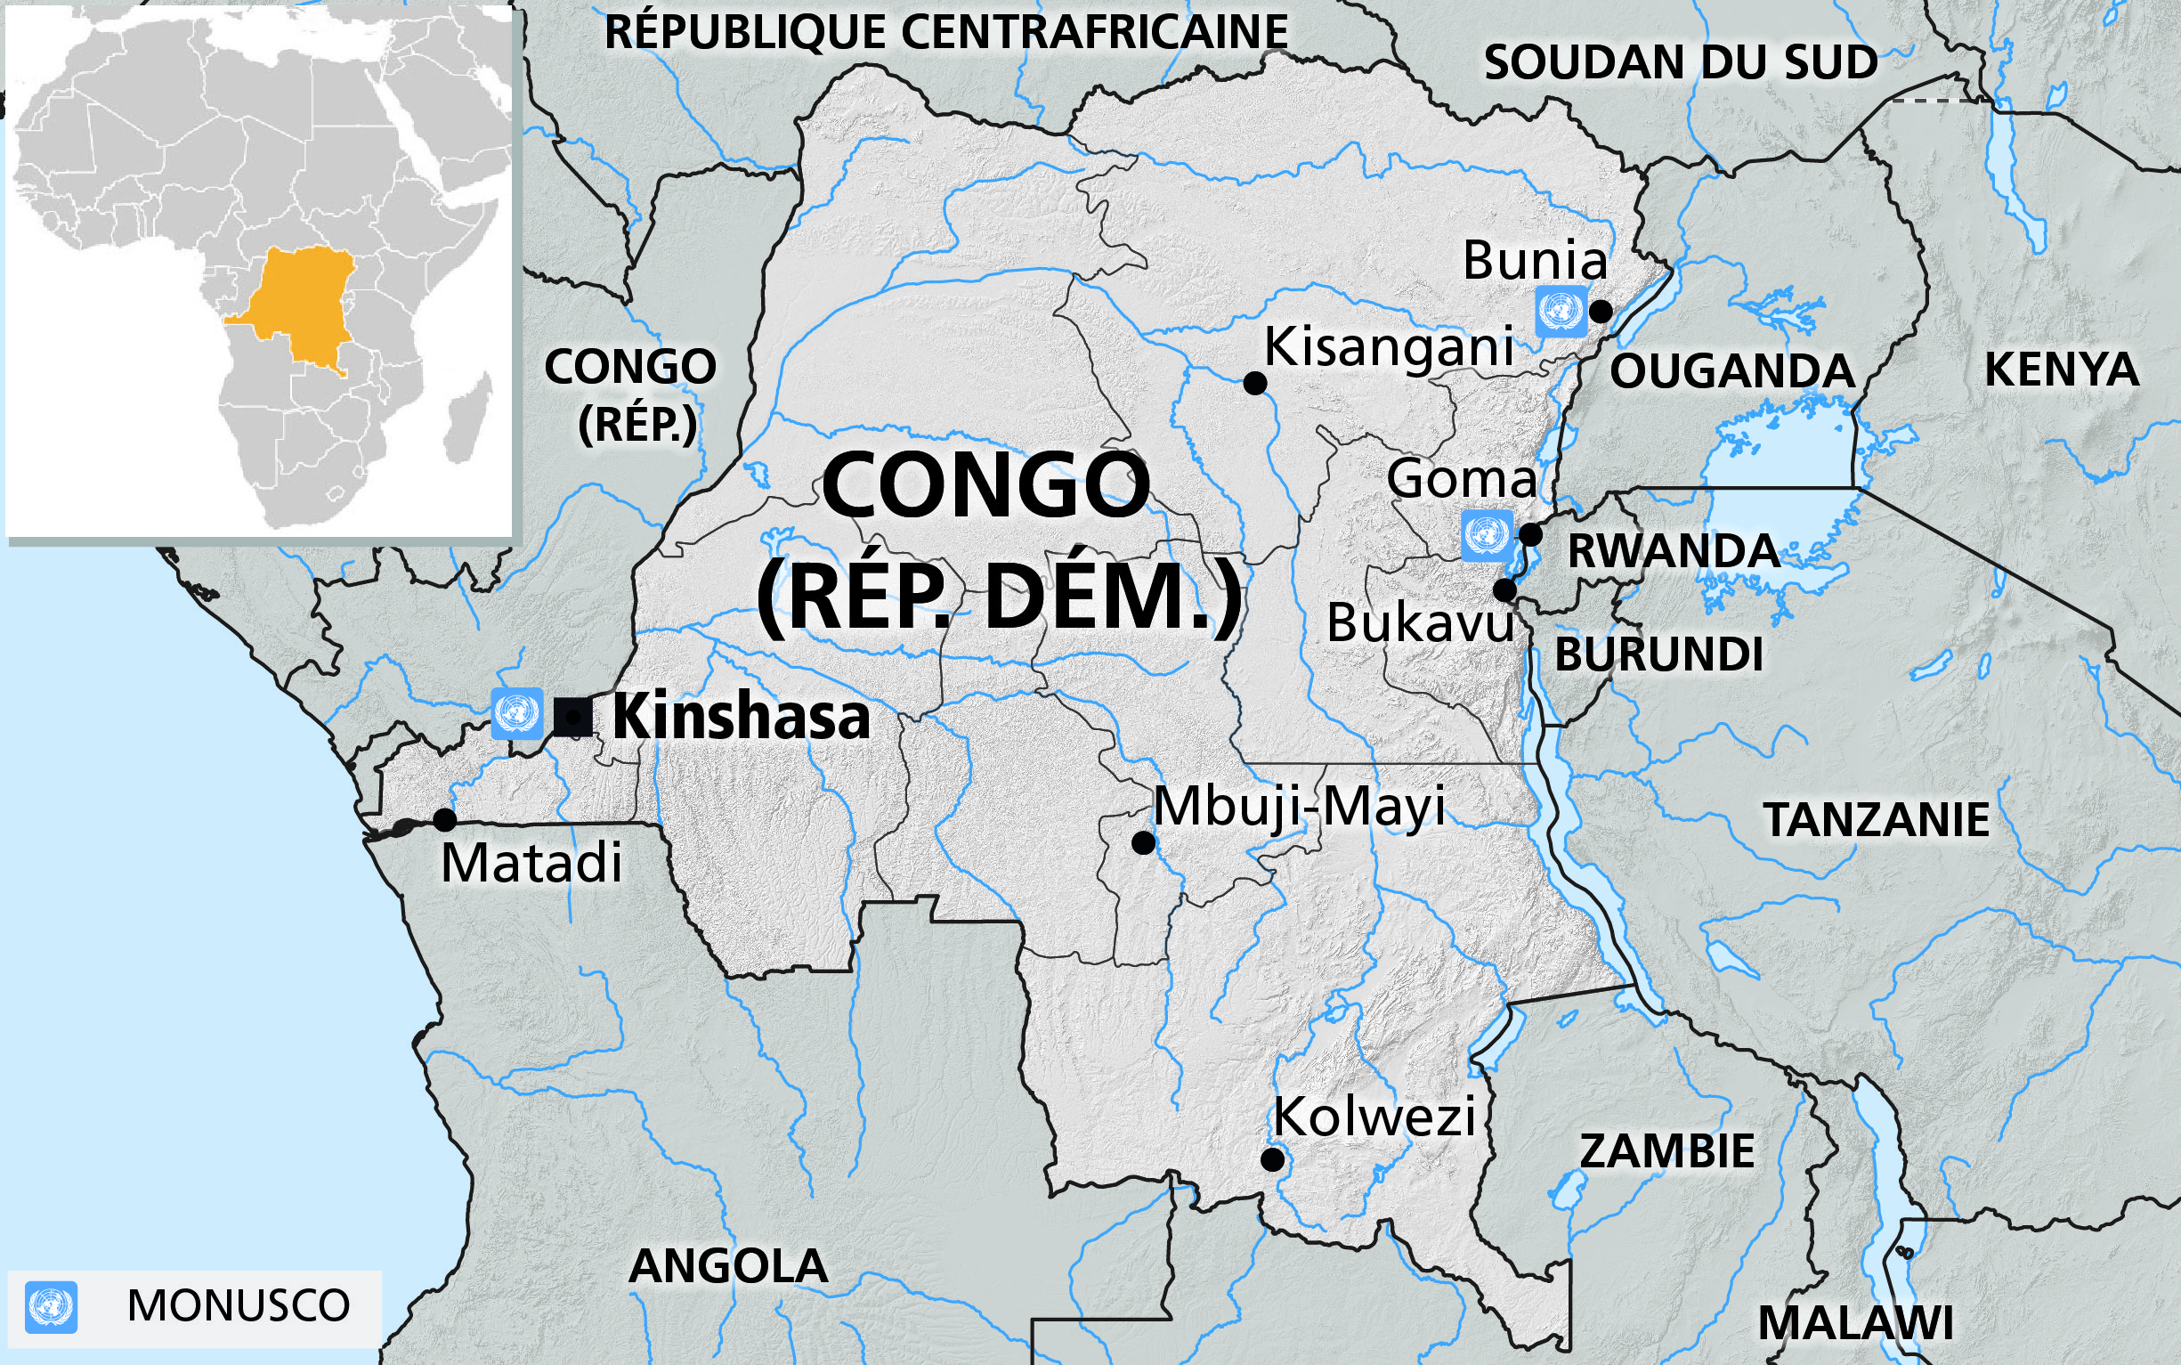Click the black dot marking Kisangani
pyautogui.click(x=1254, y=383)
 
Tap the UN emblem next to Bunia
pyautogui.click(x=1561, y=312)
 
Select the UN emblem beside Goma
pyautogui.click(x=1486, y=535)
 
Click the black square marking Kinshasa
pyautogui.click(x=573, y=718)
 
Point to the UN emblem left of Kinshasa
pyautogui.click(x=517, y=713)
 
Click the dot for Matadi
pyautogui.click(x=444, y=820)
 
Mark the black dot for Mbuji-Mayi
pyautogui.click(x=1143, y=843)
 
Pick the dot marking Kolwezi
pyautogui.click(x=1272, y=1160)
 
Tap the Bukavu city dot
pyautogui.click(x=1504, y=590)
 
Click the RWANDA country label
pyautogui.click(x=1672, y=551)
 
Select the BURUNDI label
pyautogui.click(x=1658, y=654)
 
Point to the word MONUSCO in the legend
pyautogui.click(x=239, y=1305)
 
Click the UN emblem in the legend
pyautogui.click(x=52, y=1306)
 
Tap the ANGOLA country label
pyautogui.click(x=727, y=1265)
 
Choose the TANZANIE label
pyautogui.click(x=1876, y=820)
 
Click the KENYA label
pyautogui.click(x=2061, y=370)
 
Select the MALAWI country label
pyautogui.click(x=1855, y=1323)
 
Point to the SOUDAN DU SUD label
pyautogui.click(x=1680, y=62)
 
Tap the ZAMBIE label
pyautogui.click(x=1666, y=1151)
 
